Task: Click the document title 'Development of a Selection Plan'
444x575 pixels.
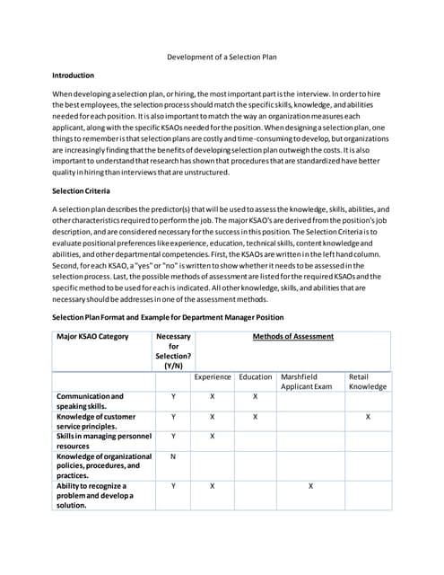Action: pyautogui.click(x=222, y=57)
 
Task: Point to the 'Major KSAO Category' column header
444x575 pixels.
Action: pyautogui.click(x=92, y=337)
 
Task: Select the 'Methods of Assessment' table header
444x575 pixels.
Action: pyautogui.click(x=292, y=337)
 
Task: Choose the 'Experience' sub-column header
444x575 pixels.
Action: pyautogui.click(x=213, y=377)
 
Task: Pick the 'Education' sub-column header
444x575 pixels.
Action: pyautogui.click(x=256, y=377)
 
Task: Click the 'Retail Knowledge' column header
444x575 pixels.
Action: pyautogui.click(x=367, y=382)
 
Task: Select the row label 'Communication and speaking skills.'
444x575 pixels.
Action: pyautogui.click(x=90, y=401)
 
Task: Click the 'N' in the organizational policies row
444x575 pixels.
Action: pyautogui.click(x=172, y=456)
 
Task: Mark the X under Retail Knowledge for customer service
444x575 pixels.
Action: pyautogui.click(x=368, y=417)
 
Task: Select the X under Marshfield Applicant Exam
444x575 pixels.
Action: pyautogui.click(x=310, y=486)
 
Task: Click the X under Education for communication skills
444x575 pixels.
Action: pyautogui.click(x=256, y=396)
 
